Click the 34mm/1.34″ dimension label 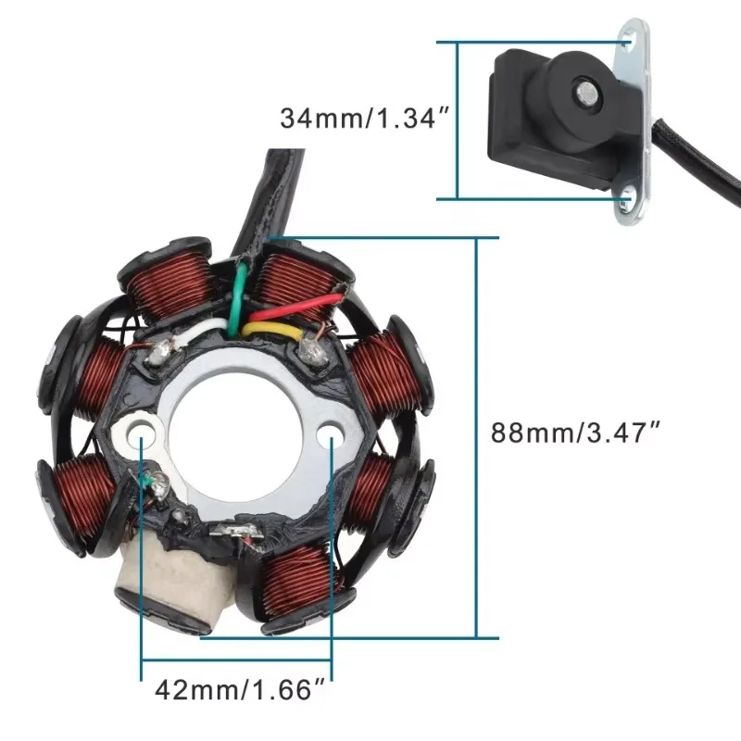point(364,118)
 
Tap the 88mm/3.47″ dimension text point(575,432)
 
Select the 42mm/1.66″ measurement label point(240,689)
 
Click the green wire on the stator point(238,297)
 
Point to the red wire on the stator point(295,308)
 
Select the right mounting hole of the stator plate point(331,433)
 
